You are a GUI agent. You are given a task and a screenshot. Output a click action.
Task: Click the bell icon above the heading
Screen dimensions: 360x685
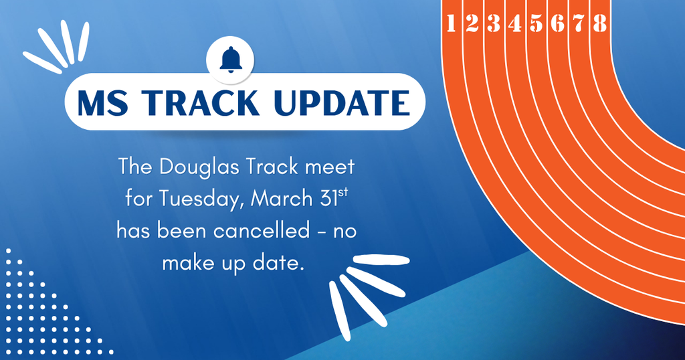point(231,59)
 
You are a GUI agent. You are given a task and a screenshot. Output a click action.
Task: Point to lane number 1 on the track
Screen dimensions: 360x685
point(450,23)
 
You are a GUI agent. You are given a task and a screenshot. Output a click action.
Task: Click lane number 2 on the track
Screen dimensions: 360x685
point(472,23)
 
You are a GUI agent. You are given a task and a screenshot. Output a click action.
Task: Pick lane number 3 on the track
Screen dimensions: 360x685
point(494,23)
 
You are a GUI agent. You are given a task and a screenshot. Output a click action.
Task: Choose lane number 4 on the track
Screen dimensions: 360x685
point(515,23)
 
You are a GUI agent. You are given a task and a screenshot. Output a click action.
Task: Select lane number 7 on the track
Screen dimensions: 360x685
point(579,23)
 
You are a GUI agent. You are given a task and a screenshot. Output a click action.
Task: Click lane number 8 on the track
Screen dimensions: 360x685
point(599,23)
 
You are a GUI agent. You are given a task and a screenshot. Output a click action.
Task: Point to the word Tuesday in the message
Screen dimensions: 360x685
point(199,199)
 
